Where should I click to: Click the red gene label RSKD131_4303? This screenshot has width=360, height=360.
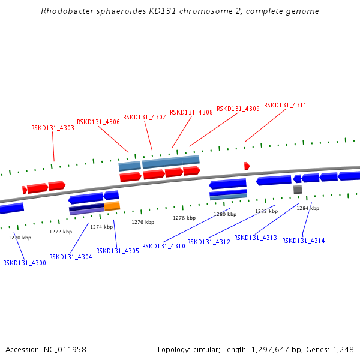click(53, 128)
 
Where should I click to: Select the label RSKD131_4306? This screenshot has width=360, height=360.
click(98, 122)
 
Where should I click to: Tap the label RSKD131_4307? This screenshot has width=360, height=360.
click(145, 117)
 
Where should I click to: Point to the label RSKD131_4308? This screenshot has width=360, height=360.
click(191, 112)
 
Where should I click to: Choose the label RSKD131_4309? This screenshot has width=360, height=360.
click(238, 109)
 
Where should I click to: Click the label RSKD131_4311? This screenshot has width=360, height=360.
click(285, 105)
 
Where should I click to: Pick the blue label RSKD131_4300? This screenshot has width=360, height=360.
click(25, 263)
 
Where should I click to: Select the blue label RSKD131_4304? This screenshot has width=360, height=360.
click(71, 257)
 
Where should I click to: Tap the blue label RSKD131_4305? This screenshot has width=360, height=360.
click(118, 251)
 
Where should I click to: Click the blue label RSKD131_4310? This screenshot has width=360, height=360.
click(164, 246)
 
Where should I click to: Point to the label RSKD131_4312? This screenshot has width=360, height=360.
click(209, 242)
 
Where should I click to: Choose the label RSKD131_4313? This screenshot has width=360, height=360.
click(256, 238)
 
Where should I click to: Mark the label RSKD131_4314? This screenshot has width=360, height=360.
click(304, 241)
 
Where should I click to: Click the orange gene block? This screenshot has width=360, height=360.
click(112, 206)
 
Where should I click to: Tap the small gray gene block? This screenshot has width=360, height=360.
click(298, 190)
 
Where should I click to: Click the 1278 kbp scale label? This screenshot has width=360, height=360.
click(184, 218)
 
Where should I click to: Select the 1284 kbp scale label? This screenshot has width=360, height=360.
click(308, 208)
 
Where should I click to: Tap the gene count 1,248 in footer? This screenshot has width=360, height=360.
click(343, 349)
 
